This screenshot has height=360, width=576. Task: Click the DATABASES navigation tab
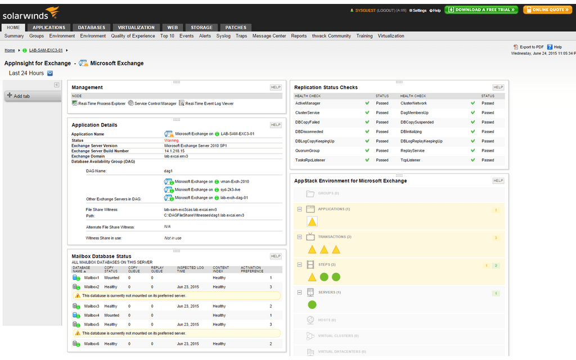[x=91, y=27]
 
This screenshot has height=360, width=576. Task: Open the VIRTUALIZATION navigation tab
[x=136, y=27]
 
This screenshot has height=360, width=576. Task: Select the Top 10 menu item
[x=167, y=36]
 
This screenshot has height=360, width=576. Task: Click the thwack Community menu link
[x=331, y=36]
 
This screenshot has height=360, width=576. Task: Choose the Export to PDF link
[x=531, y=47]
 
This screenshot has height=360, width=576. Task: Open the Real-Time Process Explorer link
[x=102, y=103]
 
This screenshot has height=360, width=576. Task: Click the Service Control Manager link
[x=155, y=103]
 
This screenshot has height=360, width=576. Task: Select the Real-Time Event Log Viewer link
[x=209, y=103]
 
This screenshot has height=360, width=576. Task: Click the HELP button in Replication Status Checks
[x=498, y=87]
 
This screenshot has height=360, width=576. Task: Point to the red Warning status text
[x=171, y=140]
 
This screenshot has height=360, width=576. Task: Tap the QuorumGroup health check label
[x=307, y=151]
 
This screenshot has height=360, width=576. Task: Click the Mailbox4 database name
[x=91, y=316]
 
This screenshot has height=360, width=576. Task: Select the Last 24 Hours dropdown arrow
[x=50, y=73]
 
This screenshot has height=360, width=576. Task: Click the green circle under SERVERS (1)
[x=312, y=304]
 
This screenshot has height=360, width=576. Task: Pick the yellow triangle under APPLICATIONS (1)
[x=312, y=222]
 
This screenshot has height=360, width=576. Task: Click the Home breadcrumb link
[x=10, y=50]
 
